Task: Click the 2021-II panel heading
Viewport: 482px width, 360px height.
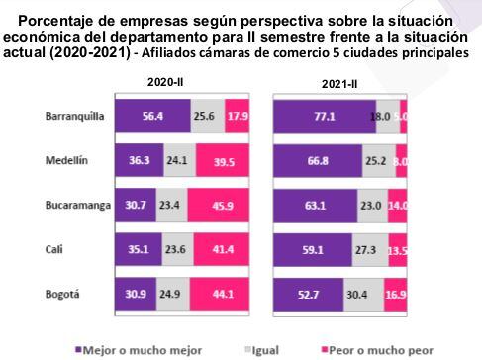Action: tap(338, 85)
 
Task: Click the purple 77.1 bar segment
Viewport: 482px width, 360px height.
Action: tap(325, 117)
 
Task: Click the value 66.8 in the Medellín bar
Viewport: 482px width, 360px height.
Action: tap(316, 160)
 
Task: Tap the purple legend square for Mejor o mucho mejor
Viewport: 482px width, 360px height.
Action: tap(81, 349)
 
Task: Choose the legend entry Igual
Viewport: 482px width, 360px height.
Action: tap(268, 349)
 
